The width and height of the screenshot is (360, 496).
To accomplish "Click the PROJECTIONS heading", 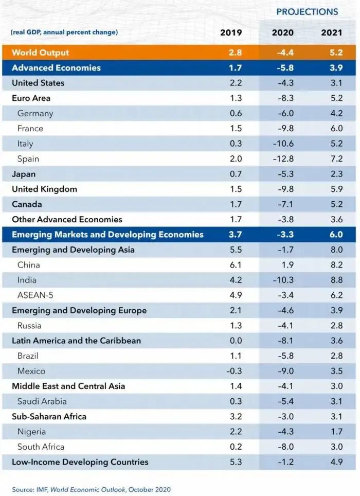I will tap(307, 12).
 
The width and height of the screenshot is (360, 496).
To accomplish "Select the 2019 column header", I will tap(231, 32).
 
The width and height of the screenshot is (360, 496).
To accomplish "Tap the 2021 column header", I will tap(332, 32).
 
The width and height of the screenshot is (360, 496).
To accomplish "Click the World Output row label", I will tap(40, 52).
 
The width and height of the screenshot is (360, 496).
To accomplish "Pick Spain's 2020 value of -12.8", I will tap(283, 159).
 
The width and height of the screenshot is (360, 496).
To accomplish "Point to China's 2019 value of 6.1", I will tap(236, 265).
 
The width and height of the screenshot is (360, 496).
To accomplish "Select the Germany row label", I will tap(35, 113).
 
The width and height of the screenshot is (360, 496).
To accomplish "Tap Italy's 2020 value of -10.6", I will tap(283, 144).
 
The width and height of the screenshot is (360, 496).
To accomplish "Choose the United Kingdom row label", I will tap(44, 189).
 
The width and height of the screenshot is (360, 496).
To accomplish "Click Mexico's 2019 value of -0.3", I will tap(234, 371).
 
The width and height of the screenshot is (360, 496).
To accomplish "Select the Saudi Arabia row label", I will tap(42, 401).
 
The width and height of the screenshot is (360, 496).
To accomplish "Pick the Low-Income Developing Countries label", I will tap(80, 462).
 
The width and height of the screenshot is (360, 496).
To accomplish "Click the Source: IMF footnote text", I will tap(91, 489).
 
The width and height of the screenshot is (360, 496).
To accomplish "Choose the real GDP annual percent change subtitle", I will tap(64, 32).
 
